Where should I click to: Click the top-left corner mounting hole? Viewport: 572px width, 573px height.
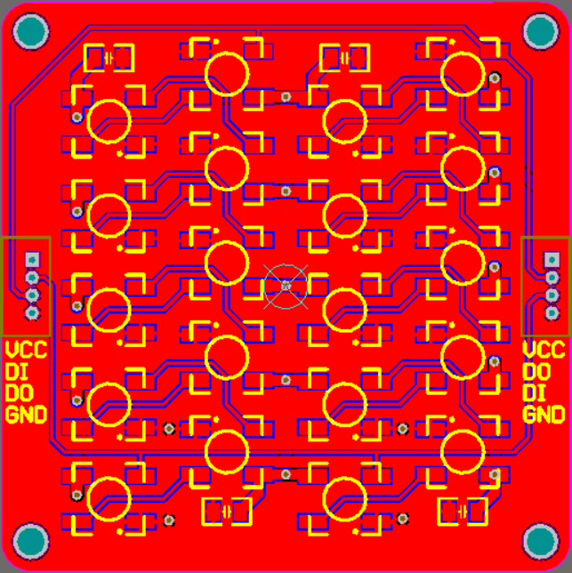click(30, 32)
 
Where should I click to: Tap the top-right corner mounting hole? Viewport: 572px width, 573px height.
click(541, 32)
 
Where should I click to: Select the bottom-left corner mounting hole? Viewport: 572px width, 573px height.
click(30, 541)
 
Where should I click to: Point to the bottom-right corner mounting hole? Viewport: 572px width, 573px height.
click(541, 541)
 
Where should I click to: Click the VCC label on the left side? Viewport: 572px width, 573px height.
click(24, 350)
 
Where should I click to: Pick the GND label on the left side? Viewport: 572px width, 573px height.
click(26, 414)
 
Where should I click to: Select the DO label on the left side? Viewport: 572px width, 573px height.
click(19, 392)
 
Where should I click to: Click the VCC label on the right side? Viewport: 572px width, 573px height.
click(543, 350)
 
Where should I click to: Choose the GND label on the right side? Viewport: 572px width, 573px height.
click(543, 414)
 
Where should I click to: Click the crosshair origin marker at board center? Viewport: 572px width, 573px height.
click(286, 285)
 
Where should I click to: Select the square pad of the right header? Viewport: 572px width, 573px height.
click(552, 259)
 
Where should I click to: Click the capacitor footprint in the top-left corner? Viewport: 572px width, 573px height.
click(109, 59)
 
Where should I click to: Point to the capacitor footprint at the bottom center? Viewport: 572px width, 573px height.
click(226, 512)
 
